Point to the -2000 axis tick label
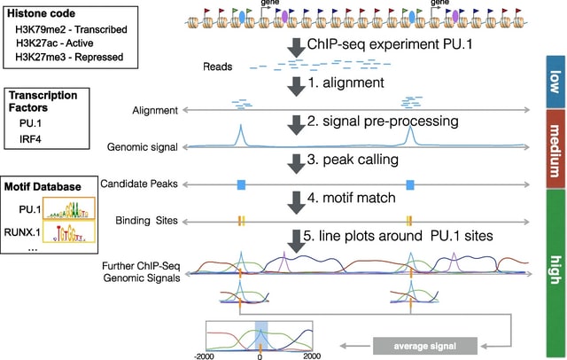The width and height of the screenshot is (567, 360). tap(207, 355)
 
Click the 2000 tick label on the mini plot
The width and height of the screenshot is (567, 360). tap(311, 355)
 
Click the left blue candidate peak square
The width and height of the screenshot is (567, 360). tap(240, 184)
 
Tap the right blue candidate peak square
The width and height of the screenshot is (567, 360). tap(409, 184)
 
